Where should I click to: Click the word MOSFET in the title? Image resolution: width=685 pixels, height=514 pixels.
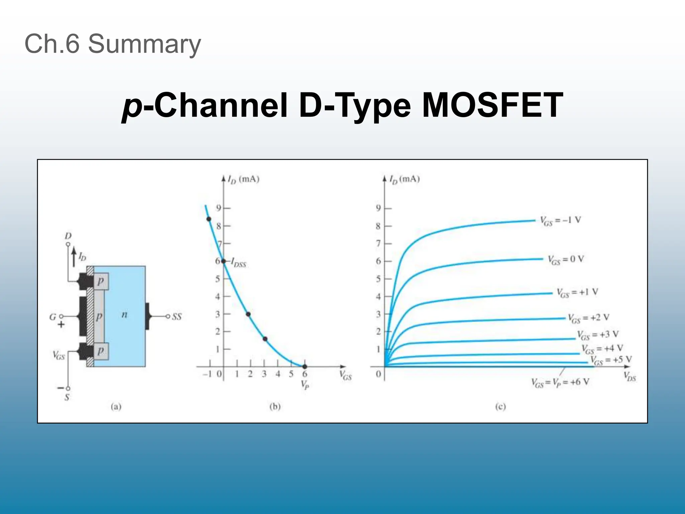[x=492, y=106]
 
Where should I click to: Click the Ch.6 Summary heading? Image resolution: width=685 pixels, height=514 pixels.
[x=113, y=44]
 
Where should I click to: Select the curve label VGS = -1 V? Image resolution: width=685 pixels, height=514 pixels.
[x=561, y=220]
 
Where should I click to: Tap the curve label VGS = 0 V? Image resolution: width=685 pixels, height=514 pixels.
[x=566, y=259]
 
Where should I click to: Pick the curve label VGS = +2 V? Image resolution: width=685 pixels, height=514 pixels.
[x=589, y=318]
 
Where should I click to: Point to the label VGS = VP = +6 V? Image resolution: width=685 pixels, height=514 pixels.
[x=561, y=382]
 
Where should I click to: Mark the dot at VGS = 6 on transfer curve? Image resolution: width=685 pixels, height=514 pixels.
[x=305, y=366]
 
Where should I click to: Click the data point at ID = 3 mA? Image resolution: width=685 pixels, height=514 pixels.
[x=248, y=314]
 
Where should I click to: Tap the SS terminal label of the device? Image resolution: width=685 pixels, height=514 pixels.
[x=177, y=317]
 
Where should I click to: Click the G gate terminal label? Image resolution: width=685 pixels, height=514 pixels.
[x=53, y=317]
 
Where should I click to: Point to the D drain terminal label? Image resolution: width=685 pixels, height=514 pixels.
[x=68, y=236]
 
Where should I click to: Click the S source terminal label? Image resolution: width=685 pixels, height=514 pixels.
[x=67, y=397]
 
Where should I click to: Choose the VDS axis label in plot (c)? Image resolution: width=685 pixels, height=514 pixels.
[x=630, y=376]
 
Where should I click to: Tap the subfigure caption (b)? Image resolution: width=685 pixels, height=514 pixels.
[x=275, y=407]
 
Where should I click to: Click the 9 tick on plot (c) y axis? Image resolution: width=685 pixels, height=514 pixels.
[x=378, y=208]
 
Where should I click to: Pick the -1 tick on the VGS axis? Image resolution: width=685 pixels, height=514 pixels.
[x=208, y=374]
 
